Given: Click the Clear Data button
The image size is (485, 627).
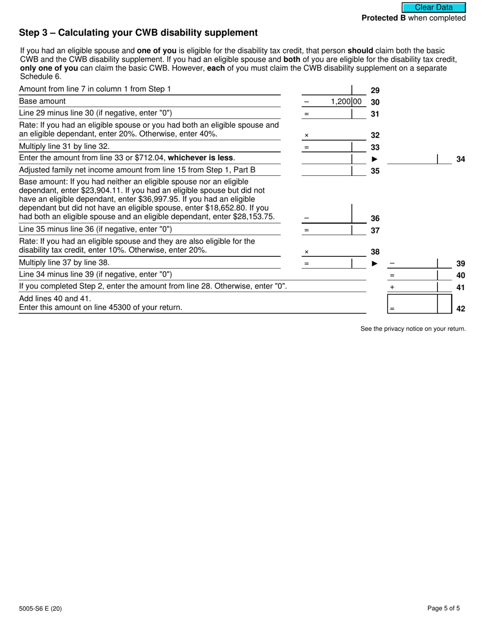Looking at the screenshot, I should [x=433, y=8].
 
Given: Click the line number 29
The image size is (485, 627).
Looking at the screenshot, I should [x=375, y=90].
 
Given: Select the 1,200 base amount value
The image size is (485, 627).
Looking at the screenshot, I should [x=341, y=101].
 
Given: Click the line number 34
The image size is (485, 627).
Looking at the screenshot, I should [x=460, y=160].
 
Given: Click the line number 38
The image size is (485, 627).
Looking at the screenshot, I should [x=375, y=252].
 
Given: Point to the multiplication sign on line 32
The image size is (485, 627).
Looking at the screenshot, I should [x=306, y=136].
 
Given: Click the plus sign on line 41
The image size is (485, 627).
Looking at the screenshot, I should [x=392, y=288].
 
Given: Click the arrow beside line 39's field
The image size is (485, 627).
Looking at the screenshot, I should [x=375, y=264].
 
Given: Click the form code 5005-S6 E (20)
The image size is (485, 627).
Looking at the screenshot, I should [x=40, y=608].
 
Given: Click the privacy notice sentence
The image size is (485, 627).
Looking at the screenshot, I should [x=413, y=329].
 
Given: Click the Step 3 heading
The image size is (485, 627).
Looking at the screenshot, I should [x=138, y=33].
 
